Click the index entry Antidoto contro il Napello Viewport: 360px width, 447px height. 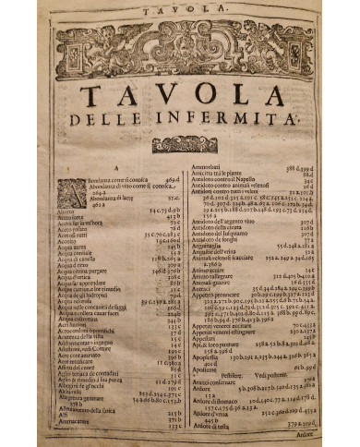231,177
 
